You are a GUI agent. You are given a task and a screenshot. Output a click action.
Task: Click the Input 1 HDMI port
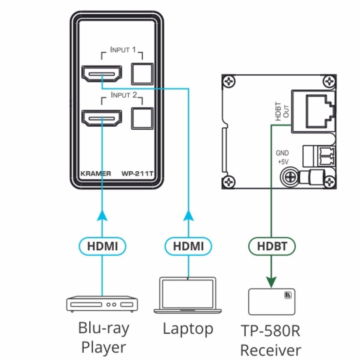(x=102, y=73)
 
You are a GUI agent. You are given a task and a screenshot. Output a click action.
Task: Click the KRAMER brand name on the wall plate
(x=96, y=173)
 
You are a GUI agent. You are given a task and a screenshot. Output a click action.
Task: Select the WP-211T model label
(x=137, y=173)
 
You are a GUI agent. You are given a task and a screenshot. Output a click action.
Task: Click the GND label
(x=282, y=153)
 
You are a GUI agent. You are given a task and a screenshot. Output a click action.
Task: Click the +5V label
(x=283, y=162)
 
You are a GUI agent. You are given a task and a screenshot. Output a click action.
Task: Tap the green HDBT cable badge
(x=272, y=246)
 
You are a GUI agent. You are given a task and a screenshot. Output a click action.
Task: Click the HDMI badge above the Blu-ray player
(x=102, y=246)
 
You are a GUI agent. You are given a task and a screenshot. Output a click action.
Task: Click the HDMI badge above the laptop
(x=188, y=246)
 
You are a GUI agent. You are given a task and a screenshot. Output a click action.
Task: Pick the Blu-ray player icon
(x=102, y=304)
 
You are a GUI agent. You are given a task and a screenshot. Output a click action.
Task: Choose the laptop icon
(x=188, y=295)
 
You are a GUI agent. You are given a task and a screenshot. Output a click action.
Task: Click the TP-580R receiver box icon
(x=271, y=301)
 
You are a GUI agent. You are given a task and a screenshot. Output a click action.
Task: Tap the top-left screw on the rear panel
(x=229, y=82)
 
